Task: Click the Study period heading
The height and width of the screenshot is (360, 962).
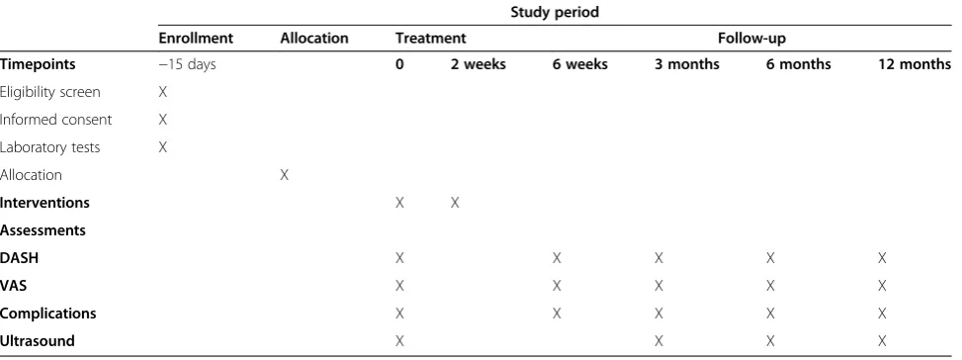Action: (554, 12)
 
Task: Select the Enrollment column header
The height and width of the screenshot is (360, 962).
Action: (196, 38)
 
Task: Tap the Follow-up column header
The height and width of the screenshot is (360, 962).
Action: (751, 38)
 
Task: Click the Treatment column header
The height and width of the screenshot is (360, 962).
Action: (431, 38)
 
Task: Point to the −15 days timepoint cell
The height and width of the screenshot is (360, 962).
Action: (187, 64)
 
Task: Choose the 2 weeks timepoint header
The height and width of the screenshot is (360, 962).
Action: (478, 64)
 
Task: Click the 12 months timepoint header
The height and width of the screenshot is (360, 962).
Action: (915, 64)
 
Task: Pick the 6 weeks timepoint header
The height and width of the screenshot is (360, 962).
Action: (579, 64)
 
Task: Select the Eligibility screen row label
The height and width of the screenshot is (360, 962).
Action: (49, 92)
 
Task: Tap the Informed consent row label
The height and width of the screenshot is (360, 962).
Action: (55, 120)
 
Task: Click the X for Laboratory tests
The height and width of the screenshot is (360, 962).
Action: (162, 147)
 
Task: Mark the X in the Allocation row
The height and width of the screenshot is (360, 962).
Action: (284, 175)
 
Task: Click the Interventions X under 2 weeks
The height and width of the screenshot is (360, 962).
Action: (455, 203)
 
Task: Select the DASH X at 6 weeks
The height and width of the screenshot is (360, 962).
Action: (557, 258)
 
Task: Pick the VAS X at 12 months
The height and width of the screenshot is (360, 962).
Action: (882, 286)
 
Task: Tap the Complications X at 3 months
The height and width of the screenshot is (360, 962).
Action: (658, 314)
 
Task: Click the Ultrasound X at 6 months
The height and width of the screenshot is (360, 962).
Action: (770, 341)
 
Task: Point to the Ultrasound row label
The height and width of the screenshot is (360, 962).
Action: (38, 341)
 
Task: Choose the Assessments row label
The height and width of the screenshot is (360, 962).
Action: (43, 230)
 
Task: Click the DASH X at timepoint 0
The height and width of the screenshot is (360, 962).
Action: (399, 258)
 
